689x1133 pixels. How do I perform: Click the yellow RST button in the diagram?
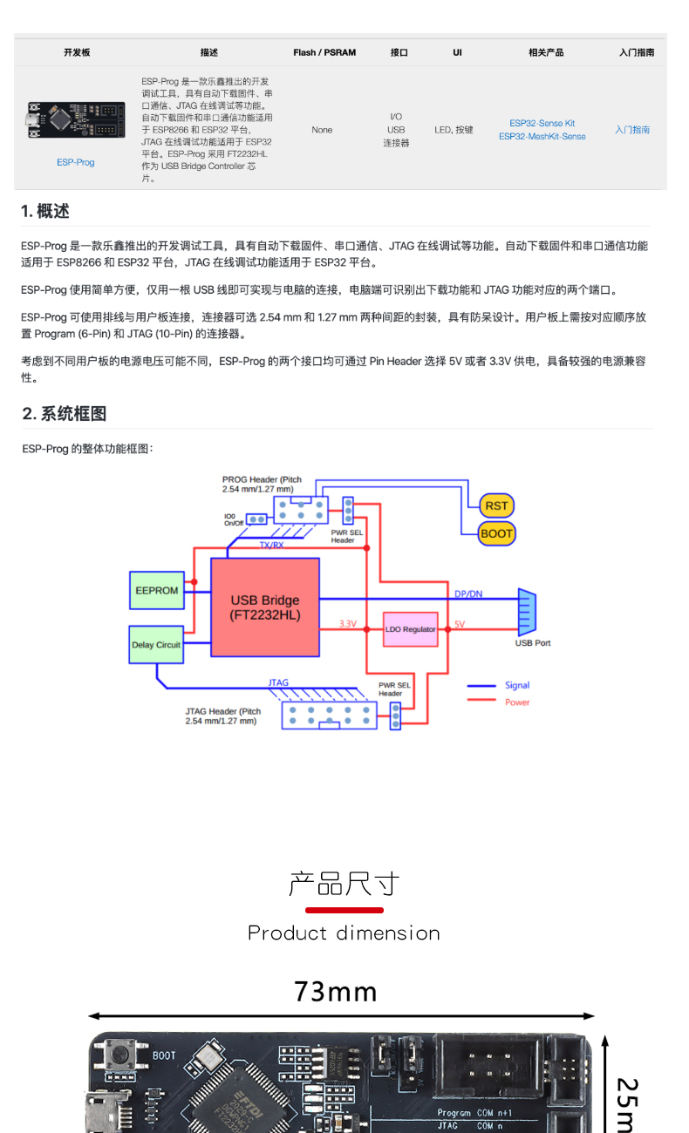click(496, 505)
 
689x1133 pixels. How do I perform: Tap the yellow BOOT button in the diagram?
click(496, 533)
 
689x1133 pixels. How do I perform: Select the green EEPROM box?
click(157, 590)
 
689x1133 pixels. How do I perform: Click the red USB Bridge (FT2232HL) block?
click(265, 607)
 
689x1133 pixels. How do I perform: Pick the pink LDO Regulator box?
click(411, 628)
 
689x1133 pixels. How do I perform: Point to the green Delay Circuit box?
click(156, 645)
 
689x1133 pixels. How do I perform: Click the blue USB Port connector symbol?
click(527, 614)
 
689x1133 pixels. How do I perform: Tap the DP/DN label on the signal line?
click(468, 594)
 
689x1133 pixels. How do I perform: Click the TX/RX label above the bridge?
click(271, 545)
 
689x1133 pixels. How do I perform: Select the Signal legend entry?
click(516, 685)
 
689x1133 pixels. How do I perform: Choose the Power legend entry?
click(516, 702)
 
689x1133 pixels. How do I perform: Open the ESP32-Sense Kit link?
click(542, 123)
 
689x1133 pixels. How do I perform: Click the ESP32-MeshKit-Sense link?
click(542, 136)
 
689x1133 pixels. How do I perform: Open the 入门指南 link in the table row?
click(632, 130)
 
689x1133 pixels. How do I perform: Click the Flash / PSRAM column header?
click(324, 52)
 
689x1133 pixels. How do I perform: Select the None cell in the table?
click(322, 130)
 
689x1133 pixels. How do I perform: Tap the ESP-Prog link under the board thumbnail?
click(76, 162)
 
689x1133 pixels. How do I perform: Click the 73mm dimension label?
click(336, 992)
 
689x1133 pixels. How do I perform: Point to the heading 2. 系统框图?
click(65, 413)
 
